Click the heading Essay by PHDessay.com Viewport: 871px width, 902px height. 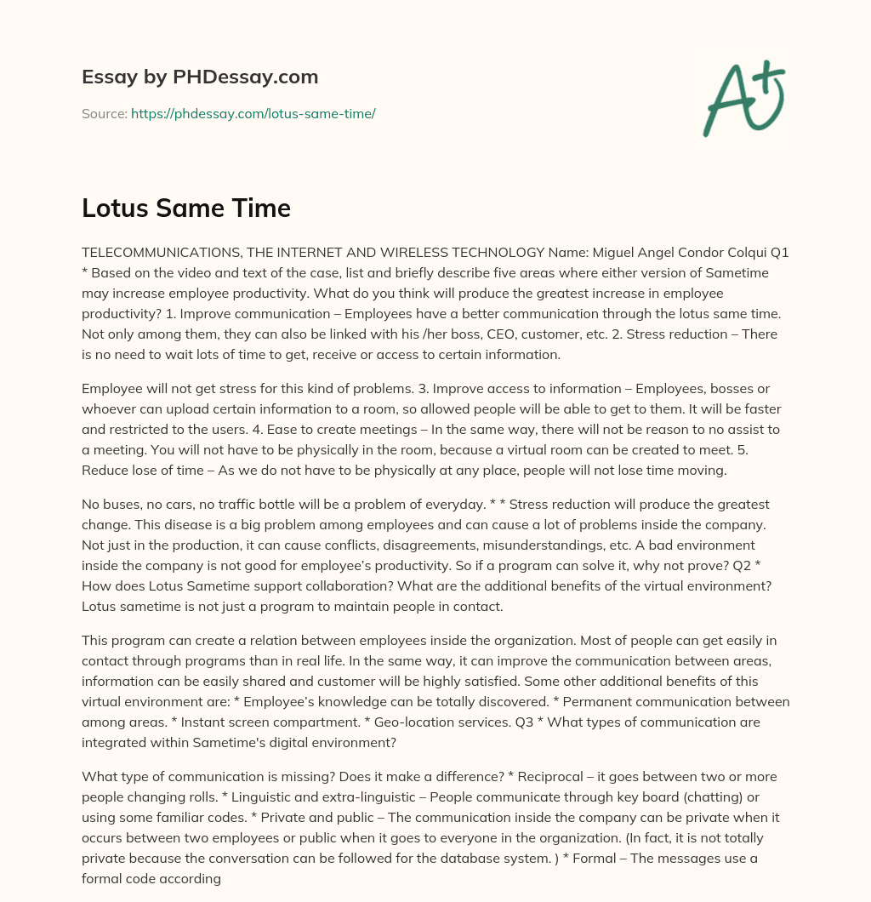200,77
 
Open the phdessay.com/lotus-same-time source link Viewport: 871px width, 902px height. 253,113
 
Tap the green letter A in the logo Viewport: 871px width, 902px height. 727,101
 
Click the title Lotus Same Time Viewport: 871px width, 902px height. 186,208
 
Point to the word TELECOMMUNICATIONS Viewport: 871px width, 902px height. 158,253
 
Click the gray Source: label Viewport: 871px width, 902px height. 105,113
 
